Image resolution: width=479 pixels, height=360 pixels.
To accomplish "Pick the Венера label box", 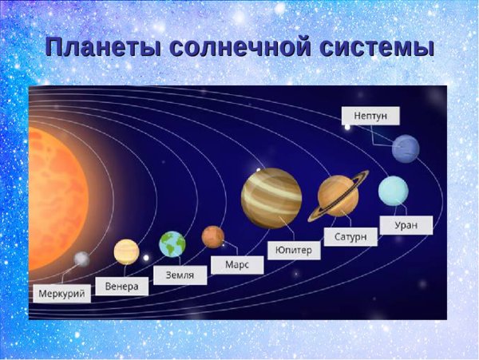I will [122, 286].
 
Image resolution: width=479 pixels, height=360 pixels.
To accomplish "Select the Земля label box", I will [180, 275].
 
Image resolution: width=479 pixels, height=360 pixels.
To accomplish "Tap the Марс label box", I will [237, 264].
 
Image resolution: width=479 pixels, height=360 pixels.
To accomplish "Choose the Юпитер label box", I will [294, 250].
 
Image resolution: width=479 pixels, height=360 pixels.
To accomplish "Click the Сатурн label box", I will [350, 237].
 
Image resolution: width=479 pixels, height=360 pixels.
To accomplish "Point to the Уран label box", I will [406, 225].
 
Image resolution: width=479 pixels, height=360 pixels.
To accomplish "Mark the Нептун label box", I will [370, 116].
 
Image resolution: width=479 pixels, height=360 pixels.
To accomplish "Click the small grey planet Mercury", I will [81, 259].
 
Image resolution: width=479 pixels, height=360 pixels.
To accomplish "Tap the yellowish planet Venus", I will [126, 251].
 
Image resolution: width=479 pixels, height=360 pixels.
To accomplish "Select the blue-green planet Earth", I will [172, 243].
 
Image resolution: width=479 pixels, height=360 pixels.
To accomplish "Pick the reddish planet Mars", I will [213, 236].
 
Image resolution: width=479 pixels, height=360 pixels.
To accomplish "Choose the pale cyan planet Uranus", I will [393, 190].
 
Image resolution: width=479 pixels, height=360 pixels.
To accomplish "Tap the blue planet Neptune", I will [406, 148].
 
